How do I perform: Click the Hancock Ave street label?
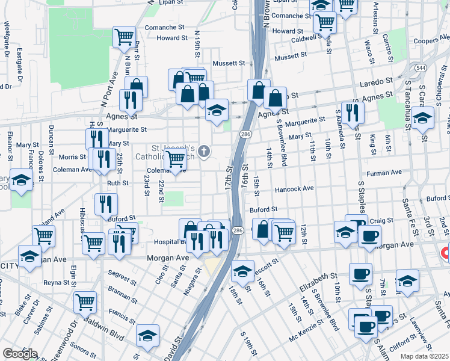tap(294, 189)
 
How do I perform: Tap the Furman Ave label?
tap(387, 173)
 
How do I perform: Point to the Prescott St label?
tap(265, 264)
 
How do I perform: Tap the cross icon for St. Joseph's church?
tap(205, 151)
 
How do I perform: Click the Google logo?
tap(20, 354)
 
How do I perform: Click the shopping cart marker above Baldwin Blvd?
tap(85, 301)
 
